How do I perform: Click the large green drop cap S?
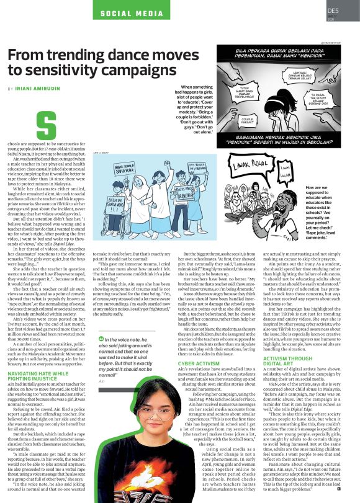(x=48, y=125)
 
